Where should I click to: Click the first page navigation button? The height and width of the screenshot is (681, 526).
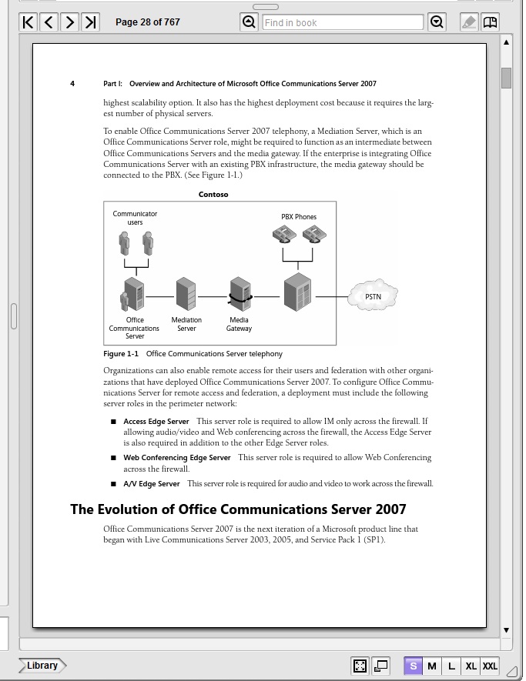pos(28,22)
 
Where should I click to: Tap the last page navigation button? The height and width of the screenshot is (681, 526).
pos(91,22)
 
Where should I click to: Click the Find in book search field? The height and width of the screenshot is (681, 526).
pos(342,22)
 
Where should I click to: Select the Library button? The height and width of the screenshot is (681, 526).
pos(42,666)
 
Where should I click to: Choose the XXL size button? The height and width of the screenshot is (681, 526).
pos(490,666)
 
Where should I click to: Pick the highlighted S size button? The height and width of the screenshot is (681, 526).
pos(414,666)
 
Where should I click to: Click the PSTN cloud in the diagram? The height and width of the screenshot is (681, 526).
pos(373,296)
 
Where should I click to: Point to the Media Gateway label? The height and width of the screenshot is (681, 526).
pos(239,324)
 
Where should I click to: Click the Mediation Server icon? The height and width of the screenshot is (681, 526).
pos(186,294)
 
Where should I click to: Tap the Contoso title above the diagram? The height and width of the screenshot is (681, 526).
pos(213,195)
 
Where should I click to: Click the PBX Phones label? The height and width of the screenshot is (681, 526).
pos(299,217)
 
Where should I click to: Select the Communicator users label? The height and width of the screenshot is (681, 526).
pos(135,218)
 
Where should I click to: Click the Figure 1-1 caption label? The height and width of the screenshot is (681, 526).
pos(121,354)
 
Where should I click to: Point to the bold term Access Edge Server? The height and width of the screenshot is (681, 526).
pos(156,422)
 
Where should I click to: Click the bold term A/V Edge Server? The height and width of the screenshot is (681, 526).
pos(152,484)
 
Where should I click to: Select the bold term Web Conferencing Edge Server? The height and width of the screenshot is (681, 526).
pos(177,458)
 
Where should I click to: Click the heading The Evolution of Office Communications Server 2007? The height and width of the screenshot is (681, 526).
pos(238,509)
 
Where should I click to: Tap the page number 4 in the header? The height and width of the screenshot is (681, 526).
pos(72,84)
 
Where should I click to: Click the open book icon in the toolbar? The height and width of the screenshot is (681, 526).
pos(490,22)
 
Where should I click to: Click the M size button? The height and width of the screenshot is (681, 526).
pos(432,666)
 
